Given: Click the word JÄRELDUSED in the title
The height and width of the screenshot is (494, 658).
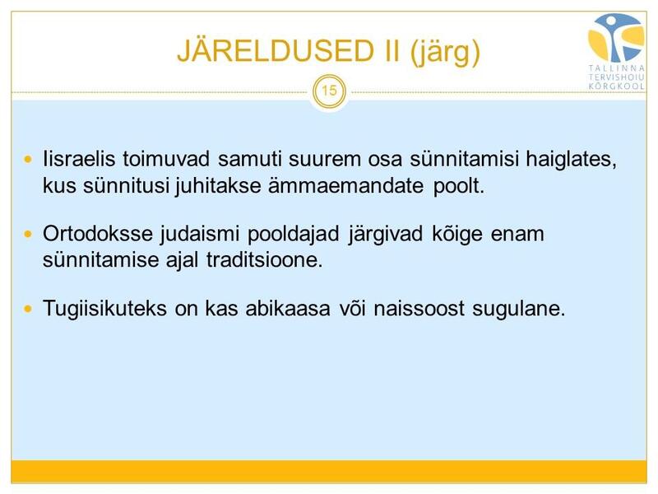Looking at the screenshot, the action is click(x=276, y=50).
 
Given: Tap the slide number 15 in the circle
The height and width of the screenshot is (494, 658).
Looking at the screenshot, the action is click(x=330, y=91).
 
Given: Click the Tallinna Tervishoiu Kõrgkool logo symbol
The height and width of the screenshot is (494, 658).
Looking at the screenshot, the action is click(x=616, y=38).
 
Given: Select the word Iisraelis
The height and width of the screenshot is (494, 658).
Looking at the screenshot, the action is click(x=79, y=159).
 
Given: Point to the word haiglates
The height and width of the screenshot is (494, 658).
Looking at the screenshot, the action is click(x=571, y=160).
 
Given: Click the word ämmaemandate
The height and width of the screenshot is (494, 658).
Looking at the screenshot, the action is click(x=345, y=186).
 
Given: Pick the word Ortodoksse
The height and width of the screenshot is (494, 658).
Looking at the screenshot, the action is click(x=98, y=234).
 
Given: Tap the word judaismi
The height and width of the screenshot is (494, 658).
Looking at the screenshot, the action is click(x=200, y=235).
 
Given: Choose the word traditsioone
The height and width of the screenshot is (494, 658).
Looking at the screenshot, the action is click(x=264, y=260).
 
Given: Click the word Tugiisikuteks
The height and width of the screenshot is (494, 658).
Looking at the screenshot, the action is click(x=105, y=309).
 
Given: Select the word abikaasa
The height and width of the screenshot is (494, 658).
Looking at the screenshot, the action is click(x=288, y=308).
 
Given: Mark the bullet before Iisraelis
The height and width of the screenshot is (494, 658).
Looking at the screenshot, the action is click(x=28, y=160).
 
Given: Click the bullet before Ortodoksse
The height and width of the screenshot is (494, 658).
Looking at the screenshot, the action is click(x=28, y=234).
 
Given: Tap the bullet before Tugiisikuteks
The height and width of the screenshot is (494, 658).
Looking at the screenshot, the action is click(x=28, y=310).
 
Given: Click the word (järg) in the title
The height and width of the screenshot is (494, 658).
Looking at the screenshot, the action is click(x=445, y=52).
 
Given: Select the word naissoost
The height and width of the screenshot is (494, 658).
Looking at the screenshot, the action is click(x=419, y=308).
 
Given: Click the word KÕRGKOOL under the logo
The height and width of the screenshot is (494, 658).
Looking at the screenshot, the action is click(x=616, y=86).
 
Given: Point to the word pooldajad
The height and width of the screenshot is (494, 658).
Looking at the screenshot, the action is click(x=293, y=235).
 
